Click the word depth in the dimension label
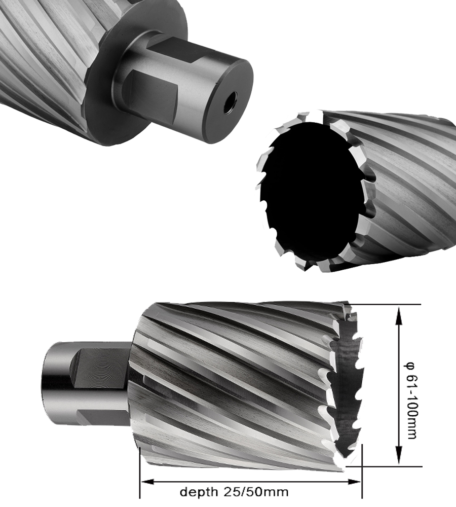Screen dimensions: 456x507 point(199,492)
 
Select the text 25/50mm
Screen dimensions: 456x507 point(255,492)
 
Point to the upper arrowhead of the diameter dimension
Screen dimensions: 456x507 point(399,315)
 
